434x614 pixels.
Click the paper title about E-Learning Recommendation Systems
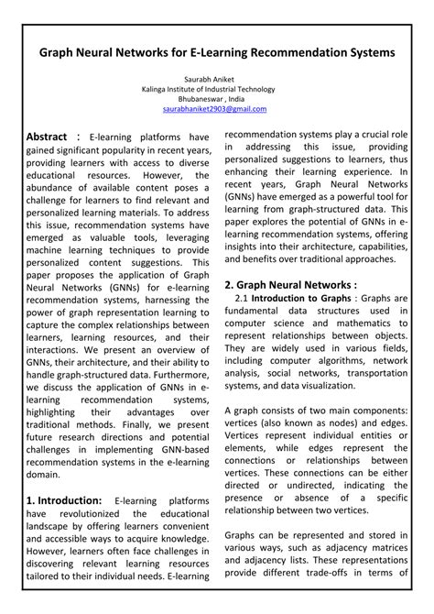217,53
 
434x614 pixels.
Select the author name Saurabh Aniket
216,79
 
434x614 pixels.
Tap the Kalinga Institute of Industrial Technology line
216,89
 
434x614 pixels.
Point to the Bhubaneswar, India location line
216,99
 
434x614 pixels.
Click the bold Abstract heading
53,136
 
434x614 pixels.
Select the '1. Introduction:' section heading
64,500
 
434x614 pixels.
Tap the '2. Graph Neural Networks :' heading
290,285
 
